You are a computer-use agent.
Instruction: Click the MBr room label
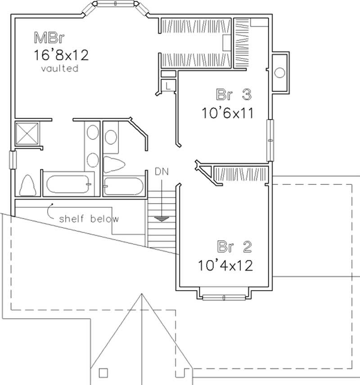(x=47, y=36)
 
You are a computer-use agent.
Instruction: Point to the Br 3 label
(x=233, y=95)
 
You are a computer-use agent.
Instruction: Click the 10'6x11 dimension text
(x=227, y=112)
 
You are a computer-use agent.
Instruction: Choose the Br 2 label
(x=234, y=247)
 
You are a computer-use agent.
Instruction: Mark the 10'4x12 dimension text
(x=225, y=265)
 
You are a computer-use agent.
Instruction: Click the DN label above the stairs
(x=161, y=171)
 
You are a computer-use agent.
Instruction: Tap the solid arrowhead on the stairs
(x=162, y=219)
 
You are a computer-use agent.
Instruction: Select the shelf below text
(x=89, y=219)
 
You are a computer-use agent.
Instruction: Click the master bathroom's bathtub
(x=68, y=185)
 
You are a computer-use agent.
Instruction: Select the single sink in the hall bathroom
(x=110, y=134)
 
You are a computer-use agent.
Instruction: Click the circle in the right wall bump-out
(x=280, y=72)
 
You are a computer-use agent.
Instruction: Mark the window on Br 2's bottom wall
(x=224, y=297)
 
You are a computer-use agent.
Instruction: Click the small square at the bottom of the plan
(x=104, y=372)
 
